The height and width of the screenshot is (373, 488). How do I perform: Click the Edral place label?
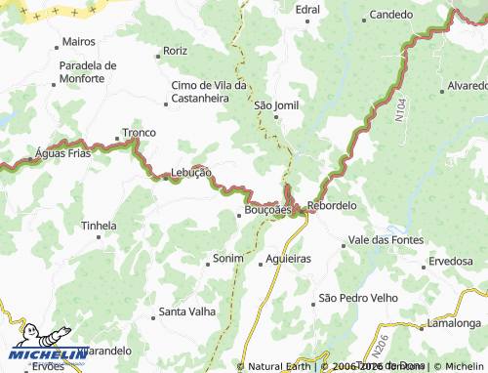coord(306,9)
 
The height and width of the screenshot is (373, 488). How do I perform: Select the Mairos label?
coord(78,42)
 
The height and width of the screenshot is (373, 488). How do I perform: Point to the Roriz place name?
coord(175,51)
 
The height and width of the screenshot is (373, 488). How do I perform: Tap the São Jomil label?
coord(276,104)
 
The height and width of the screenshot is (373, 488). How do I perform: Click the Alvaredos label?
coord(464,86)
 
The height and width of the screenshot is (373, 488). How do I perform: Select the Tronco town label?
coord(138,133)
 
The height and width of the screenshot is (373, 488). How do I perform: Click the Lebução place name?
coord(190,172)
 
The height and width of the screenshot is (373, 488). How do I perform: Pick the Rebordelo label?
coord(332,206)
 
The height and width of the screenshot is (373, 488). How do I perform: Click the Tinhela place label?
coord(99,226)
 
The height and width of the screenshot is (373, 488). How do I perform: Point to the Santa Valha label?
coord(186,313)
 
